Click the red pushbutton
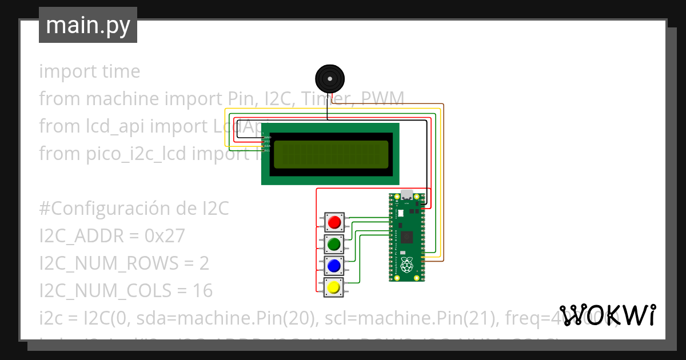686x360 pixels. tap(334, 222)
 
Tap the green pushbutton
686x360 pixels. tap(334, 244)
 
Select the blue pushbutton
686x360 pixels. tap(334, 266)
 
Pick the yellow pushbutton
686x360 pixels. tap(334, 287)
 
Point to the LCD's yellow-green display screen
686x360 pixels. tap(330, 154)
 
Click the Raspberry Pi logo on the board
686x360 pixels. tap(406, 265)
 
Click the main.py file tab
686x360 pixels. tap(88, 25)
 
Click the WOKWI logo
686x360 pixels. tap(607, 315)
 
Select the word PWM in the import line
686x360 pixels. tap(382, 99)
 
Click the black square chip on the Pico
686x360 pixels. tap(407, 237)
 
